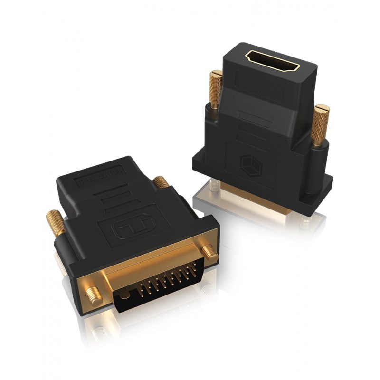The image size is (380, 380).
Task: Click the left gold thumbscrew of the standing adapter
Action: point(216,90)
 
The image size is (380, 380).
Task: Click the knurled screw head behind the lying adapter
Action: point(161,182)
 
